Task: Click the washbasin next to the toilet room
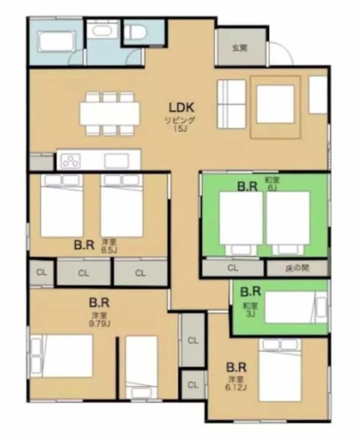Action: pos(103,31)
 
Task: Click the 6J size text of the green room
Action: pos(272,187)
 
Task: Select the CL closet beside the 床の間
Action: pos(233,268)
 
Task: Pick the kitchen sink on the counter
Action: pos(117,161)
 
